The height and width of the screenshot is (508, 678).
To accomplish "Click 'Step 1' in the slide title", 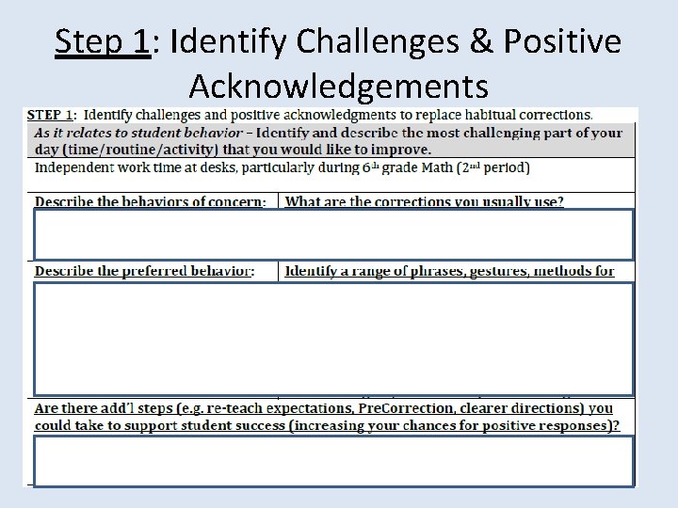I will [103, 42].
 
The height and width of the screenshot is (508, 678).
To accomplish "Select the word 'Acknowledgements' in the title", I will [339, 87].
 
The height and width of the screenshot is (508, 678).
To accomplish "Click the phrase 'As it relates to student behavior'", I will [141, 133].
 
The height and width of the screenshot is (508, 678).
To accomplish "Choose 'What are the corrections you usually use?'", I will [424, 201].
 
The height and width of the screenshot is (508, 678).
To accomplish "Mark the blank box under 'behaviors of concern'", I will [333, 234].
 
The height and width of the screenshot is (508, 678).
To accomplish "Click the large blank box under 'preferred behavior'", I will [333, 339].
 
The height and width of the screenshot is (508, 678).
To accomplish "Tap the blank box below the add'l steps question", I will [333, 461].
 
